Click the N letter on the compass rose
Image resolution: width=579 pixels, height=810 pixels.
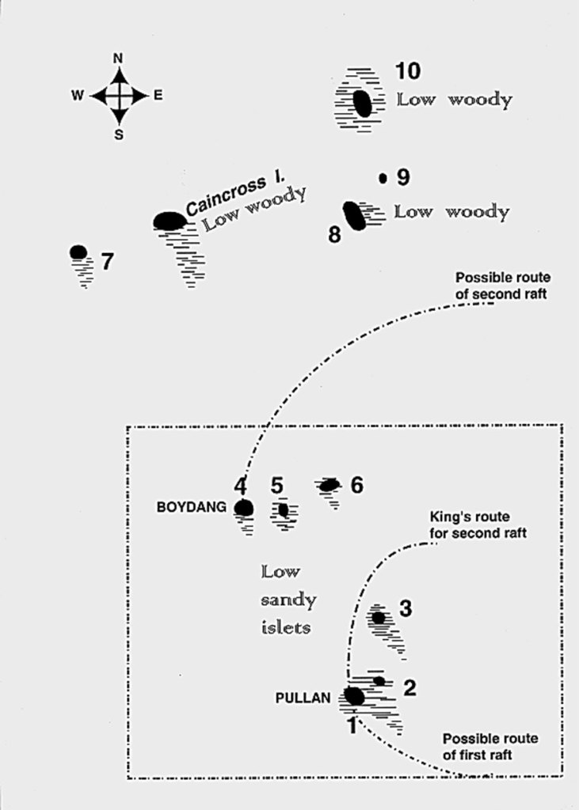coord(118,58)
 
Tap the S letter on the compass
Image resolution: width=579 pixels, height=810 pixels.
coord(119,134)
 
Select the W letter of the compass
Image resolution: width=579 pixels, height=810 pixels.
coord(78,96)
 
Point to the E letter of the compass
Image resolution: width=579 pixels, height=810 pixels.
coord(158,96)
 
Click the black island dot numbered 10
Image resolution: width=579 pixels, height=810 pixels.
coord(362,103)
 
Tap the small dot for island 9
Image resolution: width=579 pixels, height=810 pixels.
coord(383,179)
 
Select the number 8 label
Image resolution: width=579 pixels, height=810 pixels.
coord(335,235)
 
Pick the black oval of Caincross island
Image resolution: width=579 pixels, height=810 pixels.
coord(170,221)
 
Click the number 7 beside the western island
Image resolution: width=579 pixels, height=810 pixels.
coord(107,260)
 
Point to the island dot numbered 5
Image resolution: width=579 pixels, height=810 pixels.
coord(283,510)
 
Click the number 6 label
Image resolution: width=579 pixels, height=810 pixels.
coord(356,485)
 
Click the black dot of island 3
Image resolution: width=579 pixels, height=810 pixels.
coord(379,618)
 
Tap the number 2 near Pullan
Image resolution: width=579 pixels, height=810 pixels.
coord(409,687)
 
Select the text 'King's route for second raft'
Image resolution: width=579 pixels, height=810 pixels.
coord(478,525)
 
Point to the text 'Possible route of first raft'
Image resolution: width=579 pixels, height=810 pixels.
coord(490,746)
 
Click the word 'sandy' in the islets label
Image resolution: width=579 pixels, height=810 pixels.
coord(288,600)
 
